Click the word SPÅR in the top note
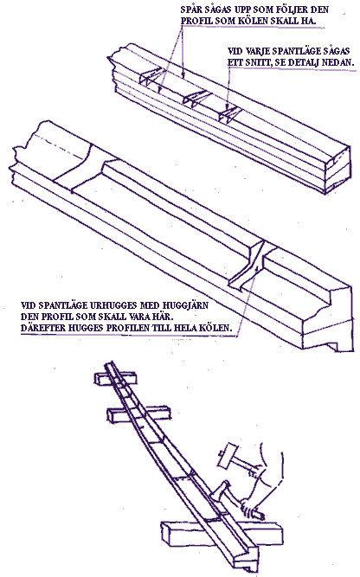point(190,10)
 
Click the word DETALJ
point(305,62)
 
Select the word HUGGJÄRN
point(187,305)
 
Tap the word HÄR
point(162,317)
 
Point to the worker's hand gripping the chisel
point(252,510)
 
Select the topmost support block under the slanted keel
point(115,379)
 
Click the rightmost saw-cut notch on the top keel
point(228,114)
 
